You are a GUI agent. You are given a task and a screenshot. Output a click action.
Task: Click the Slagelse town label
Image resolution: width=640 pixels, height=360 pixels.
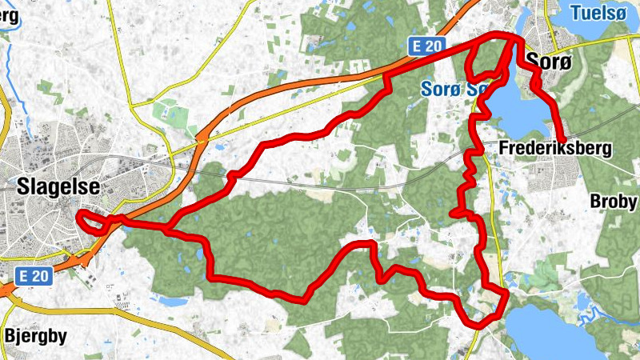[x=58, y=186]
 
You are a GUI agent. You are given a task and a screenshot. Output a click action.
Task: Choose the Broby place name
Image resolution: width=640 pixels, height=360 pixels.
[x=614, y=201]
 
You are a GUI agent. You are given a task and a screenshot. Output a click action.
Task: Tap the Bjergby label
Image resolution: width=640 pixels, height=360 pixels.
[x=35, y=334]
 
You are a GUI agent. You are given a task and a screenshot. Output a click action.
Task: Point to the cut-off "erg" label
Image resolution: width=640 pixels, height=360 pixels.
[x=9, y=15]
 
